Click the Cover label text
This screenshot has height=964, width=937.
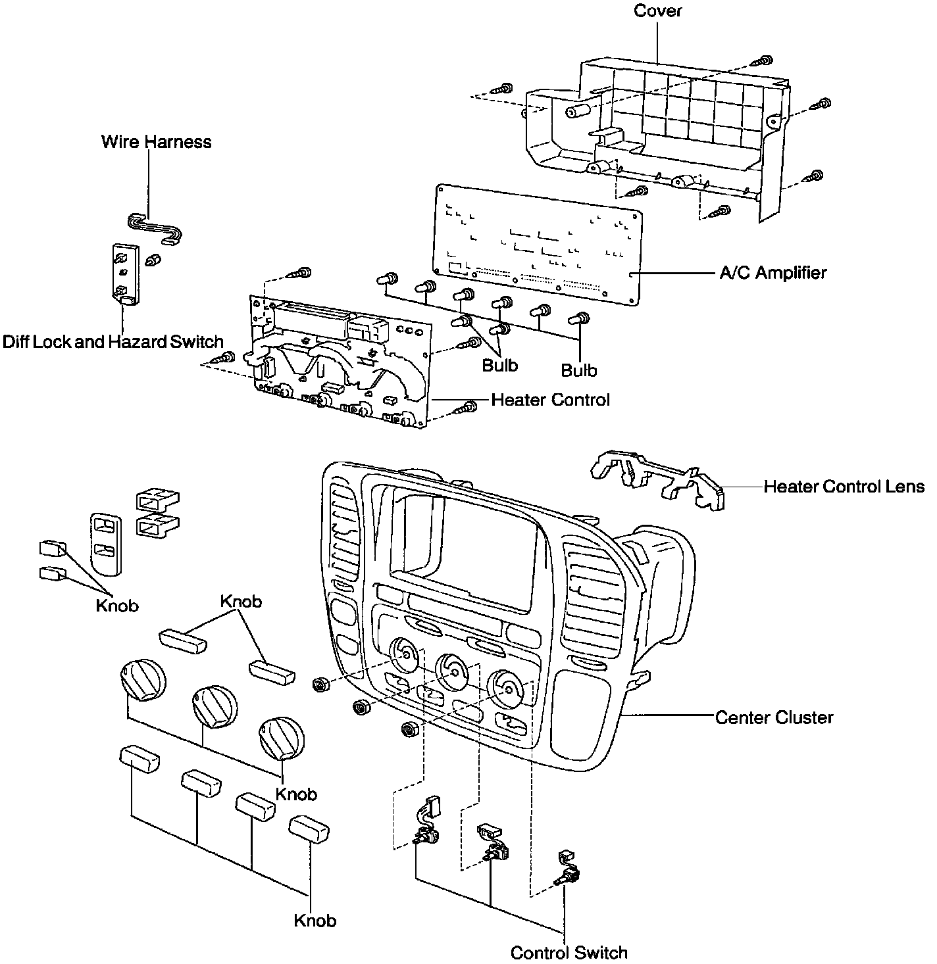657,11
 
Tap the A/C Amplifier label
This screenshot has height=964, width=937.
773,272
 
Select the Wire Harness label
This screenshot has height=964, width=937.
156,142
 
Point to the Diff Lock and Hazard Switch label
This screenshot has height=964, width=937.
113,342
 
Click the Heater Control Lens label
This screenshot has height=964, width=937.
844,487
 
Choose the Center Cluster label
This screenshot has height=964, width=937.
774,717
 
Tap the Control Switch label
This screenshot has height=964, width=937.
569,952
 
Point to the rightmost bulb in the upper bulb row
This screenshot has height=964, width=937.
580,319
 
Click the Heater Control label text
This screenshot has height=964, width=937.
550,400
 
